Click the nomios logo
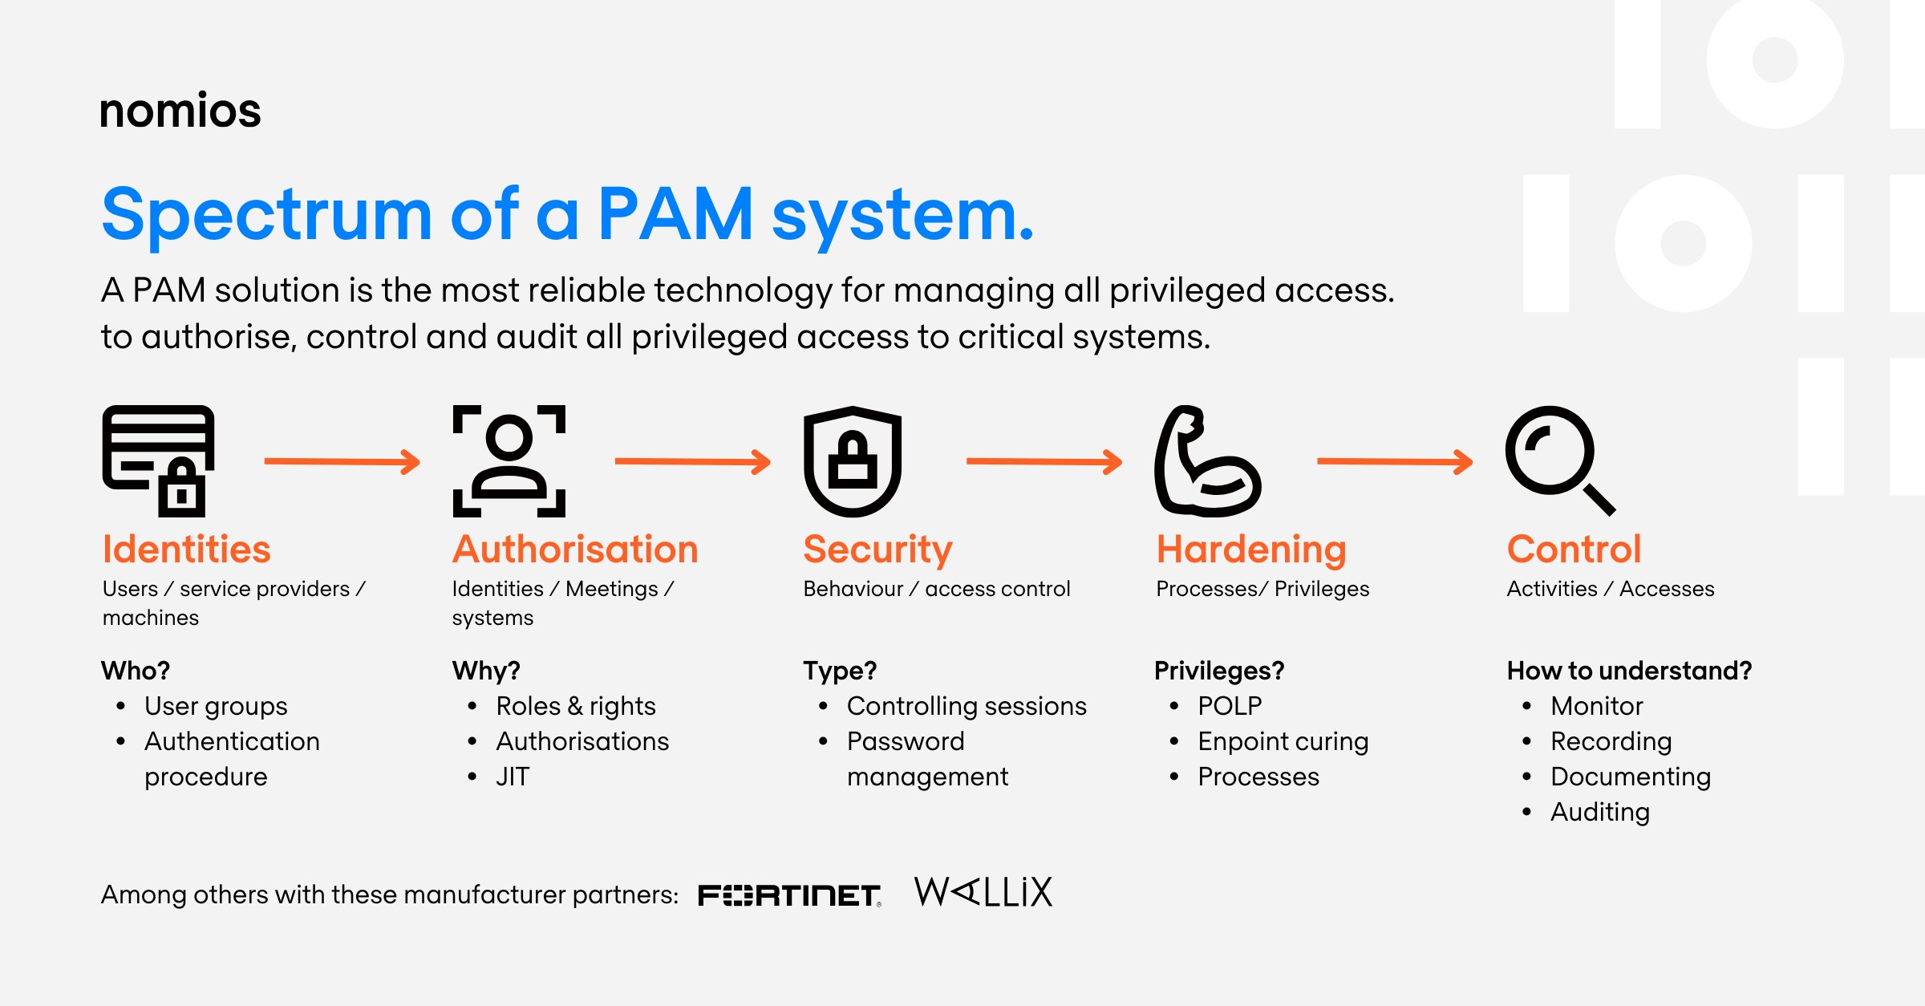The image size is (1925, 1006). pos(180,111)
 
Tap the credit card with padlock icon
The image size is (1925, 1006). pos(158,460)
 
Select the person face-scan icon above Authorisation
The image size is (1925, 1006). pos(509,460)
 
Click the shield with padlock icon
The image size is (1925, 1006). pos(853,460)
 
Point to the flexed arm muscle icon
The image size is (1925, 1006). pos(1206,461)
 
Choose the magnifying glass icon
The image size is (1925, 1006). pos(1558,460)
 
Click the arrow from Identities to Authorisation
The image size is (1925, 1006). pos(342,461)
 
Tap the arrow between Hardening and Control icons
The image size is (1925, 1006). pos(1394,461)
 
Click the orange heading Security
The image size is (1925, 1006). pos(877,550)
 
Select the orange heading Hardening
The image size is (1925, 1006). pos(1250,550)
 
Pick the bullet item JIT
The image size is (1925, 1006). pos(513,777)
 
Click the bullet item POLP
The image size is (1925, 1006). pos(1229,706)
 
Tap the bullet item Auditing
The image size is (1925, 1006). pos(1599,812)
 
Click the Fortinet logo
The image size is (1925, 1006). pos(789,895)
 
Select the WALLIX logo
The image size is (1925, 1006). pos(983,892)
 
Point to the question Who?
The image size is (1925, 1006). pos(136,671)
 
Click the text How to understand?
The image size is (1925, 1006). pos(1628,671)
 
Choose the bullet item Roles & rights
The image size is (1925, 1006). pos(575,706)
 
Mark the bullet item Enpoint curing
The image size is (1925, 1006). pos(1283,741)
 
